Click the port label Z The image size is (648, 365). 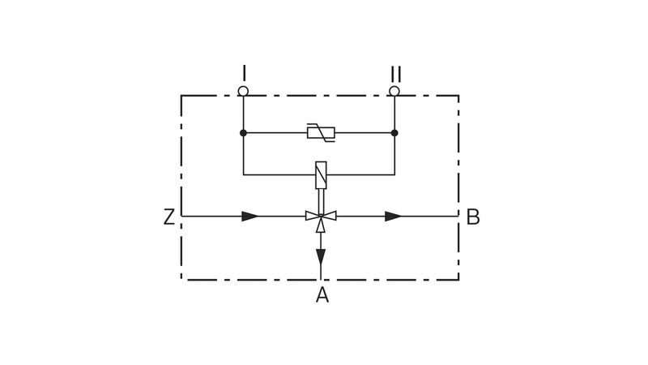pos(169,217)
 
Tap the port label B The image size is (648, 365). pos(473,217)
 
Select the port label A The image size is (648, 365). pos(322,295)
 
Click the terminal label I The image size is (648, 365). pos(245,73)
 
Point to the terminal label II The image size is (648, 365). pos(395,75)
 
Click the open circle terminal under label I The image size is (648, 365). pos(243,91)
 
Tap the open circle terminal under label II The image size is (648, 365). pos(394,91)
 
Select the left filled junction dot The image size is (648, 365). pos(244,133)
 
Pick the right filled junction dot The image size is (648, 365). pos(394,133)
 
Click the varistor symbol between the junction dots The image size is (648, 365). pos(321,133)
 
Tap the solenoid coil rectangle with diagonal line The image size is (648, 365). pos(321,175)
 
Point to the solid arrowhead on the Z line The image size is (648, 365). pos(250,216)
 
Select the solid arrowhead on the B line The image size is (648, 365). pos(394,216)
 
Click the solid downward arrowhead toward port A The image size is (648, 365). pos(321,256)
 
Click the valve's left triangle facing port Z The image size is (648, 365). pos(313,216)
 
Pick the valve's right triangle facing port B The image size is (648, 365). pos(329,216)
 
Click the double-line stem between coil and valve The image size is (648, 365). pos(321,201)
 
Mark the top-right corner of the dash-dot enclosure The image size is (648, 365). pos(458,96)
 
